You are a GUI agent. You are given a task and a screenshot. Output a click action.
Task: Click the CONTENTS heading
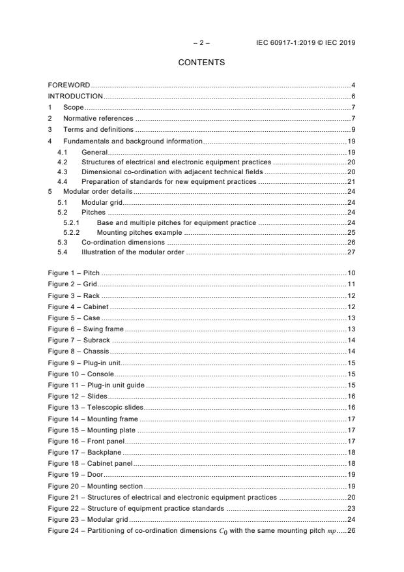pos(201,63)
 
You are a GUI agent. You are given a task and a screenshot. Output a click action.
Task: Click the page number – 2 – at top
pos(201,43)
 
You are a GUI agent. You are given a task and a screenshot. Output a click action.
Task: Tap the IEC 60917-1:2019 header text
pos(306,43)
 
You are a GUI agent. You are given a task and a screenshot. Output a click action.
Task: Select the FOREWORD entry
pos(69,85)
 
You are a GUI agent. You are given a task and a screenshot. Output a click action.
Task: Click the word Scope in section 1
pos(74,108)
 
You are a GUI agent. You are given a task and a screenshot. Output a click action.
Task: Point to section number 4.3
pos(63,171)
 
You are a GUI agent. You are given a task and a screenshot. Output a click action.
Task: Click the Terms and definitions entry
pos(96,129)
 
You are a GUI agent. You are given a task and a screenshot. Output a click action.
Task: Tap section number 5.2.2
pos(72,232)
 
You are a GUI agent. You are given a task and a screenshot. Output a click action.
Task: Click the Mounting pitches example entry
pos(139,232)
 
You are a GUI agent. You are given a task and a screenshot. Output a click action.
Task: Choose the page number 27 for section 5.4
pos(351,252)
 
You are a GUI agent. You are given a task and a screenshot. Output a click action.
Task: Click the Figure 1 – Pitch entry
pos(74,272)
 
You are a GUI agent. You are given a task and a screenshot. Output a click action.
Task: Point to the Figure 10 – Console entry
pos(81,374)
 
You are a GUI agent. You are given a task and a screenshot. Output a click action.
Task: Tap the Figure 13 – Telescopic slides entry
pos(94,408)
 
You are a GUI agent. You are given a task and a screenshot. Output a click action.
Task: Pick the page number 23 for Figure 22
pos(351,508)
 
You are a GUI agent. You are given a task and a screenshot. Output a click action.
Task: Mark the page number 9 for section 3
pos(353,129)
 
